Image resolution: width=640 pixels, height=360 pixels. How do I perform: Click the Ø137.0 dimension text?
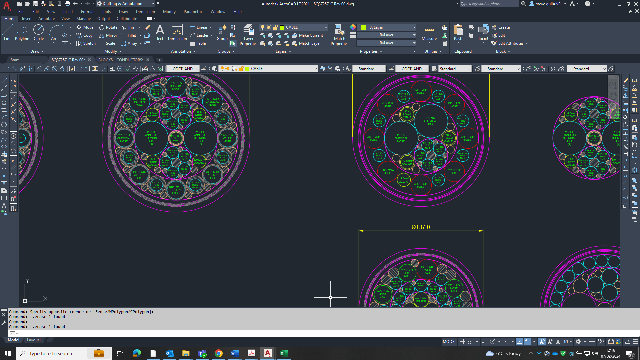point(421,227)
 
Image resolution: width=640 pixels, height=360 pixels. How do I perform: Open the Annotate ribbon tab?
point(46,19)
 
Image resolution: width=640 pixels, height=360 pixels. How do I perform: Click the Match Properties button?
point(339,35)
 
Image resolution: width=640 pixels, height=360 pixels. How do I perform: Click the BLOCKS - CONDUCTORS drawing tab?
point(121,60)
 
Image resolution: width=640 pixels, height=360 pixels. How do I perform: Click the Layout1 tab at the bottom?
point(34,340)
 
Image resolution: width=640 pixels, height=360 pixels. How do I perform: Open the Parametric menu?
point(193,12)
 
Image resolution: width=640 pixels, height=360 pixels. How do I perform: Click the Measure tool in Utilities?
point(429,33)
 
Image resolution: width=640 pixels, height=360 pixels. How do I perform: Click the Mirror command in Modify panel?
point(108,35)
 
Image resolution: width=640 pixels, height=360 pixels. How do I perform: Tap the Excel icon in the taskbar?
point(284,353)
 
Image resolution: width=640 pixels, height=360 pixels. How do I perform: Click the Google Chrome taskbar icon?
point(219,353)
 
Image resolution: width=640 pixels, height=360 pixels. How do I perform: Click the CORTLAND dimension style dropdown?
point(412,69)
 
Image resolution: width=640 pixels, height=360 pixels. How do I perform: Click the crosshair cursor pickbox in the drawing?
point(330,297)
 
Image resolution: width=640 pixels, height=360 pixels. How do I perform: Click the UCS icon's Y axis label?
point(28,281)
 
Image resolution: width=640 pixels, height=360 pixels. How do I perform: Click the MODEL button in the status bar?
point(449,342)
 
